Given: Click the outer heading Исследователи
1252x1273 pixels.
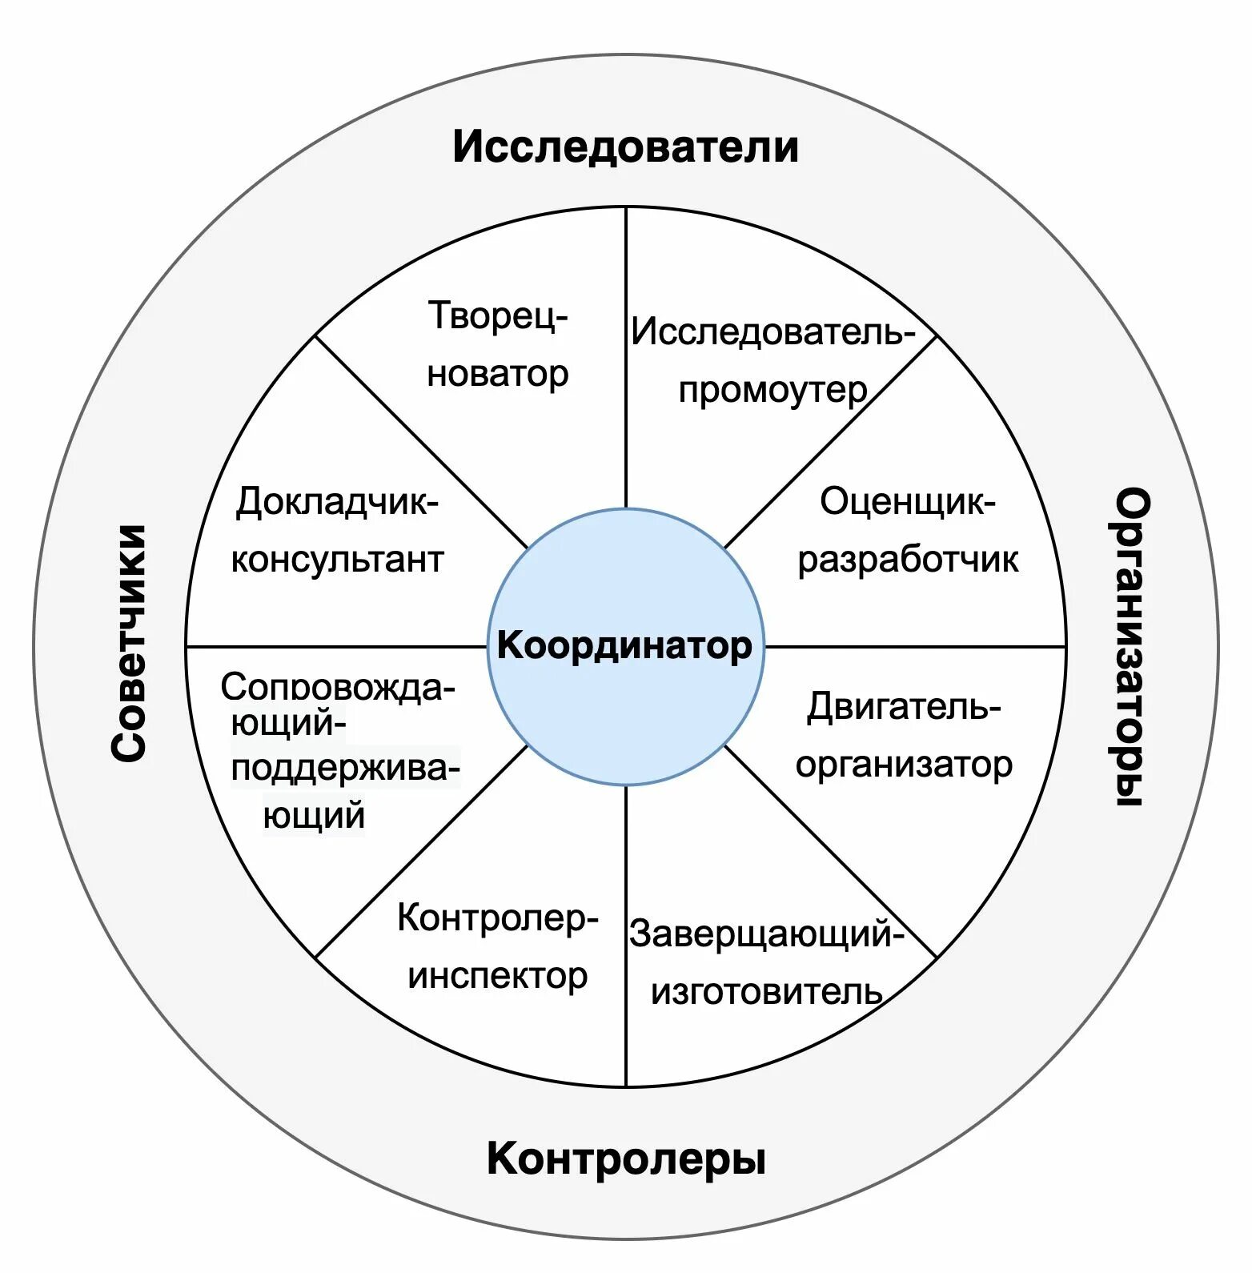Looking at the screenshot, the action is click(x=625, y=147).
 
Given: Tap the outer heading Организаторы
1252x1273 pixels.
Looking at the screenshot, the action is click(x=1133, y=647).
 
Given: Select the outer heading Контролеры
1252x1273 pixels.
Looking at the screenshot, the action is click(x=626, y=1159).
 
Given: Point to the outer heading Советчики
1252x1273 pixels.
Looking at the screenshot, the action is click(x=129, y=643).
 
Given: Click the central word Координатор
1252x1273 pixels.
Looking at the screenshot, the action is click(x=624, y=645).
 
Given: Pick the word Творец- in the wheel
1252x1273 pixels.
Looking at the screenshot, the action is click(x=498, y=315).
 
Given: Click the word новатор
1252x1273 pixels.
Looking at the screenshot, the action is click(x=498, y=374).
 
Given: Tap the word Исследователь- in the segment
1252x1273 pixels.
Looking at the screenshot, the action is click(x=772, y=331).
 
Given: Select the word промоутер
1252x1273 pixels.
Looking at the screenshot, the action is click(x=772, y=390).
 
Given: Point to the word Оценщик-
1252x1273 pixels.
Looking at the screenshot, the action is click(x=908, y=502).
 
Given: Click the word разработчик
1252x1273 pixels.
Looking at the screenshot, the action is click(x=908, y=560).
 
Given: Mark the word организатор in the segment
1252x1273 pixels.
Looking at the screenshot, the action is click(x=904, y=765).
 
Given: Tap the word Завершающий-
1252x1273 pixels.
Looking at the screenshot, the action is click(x=766, y=934).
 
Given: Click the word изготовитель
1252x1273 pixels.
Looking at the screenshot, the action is click(x=766, y=993).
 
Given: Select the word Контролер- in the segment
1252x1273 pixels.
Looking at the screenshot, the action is click(x=498, y=918).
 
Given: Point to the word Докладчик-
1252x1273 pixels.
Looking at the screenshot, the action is click(x=337, y=503).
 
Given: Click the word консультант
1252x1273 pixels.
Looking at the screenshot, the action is click(x=337, y=560).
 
